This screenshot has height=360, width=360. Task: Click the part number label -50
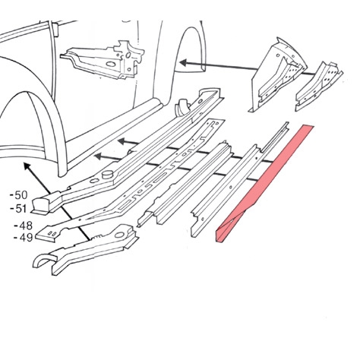(18, 195)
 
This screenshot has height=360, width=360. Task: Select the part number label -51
(18, 209)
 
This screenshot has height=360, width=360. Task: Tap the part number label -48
(24, 226)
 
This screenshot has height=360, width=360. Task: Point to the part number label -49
(24, 238)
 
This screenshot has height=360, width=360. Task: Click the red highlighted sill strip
(264, 184)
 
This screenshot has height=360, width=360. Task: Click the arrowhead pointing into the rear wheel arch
(183, 63)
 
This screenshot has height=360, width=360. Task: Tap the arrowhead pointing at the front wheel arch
(27, 167)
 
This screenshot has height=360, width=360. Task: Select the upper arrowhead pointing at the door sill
(123, 141)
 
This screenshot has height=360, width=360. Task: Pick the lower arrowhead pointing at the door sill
(99, 157)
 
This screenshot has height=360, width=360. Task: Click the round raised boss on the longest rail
(108, 174)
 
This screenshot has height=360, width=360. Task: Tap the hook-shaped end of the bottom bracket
(43, 261)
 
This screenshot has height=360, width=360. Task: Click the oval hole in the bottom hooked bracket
(119, 235)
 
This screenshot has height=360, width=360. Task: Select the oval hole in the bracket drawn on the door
(110, 64)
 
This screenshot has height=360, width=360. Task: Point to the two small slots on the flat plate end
(52, 233)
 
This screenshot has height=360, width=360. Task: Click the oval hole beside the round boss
(93, 181)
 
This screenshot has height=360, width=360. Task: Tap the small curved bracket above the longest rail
(182, 106)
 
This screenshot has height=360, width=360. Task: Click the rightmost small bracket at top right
(319, 86)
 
